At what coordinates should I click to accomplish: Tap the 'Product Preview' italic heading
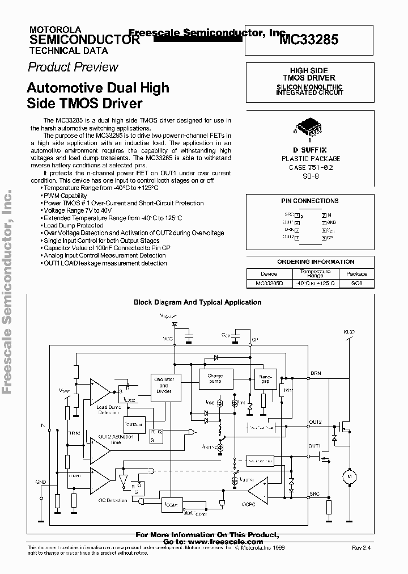(73, 67)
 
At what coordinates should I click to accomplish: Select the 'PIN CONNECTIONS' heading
(309, 201)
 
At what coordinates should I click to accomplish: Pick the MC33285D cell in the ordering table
(269, 282)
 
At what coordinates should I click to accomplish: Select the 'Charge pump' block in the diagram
(215, 378)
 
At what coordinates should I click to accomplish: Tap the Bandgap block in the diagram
(265, 378)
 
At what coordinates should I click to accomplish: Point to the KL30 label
(348, 331)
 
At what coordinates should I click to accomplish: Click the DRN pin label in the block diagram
(316, 373)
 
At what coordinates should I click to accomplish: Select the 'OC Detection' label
(112, 501)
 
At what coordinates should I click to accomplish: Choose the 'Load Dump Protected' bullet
(73, 225)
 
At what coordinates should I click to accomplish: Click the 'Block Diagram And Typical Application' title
(197, 302)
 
